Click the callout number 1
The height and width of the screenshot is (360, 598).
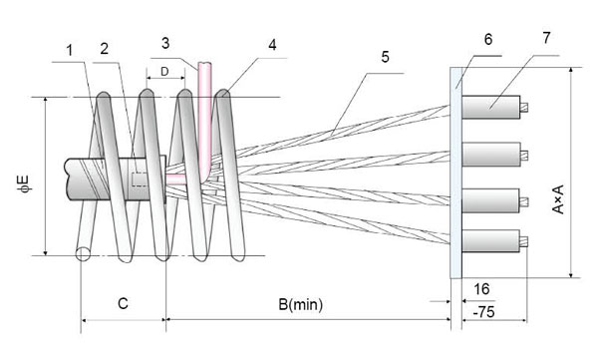tap(70, 51)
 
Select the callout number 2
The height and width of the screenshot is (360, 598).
tap(104, 49)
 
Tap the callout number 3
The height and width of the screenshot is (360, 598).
tap(165, 43)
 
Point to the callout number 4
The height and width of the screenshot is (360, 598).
tap(272, 45)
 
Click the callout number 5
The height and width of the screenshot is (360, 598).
tap(385, 57)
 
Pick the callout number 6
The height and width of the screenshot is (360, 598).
tap(488, 39)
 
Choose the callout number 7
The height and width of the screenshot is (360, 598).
tap(546, 38)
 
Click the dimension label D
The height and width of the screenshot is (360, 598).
tap(164, 72)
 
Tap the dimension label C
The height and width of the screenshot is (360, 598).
tap(123, 303)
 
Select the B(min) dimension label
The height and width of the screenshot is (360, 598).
tap(301, 304)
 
